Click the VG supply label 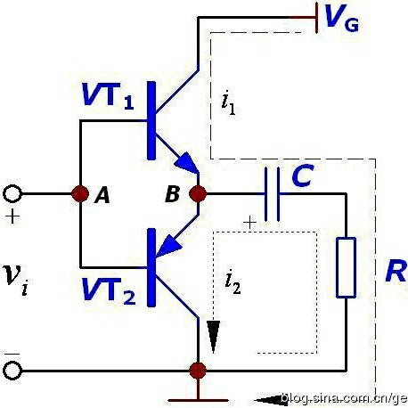coord(342,18)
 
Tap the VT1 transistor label coord(108,95)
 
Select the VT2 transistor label coord(109,290)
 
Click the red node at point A coord(80,194)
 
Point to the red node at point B coord(198,193)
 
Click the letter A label coord(102,196)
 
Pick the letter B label coord(172,194)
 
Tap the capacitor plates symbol coord(273,194)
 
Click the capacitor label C coord(303,175)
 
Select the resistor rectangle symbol coord(346,267)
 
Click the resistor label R coord(396,271)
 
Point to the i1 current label coord(228,104)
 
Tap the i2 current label coord(233,282)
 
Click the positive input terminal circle coord(12,194)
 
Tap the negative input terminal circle coord(12,371)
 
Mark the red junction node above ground coord(198,371)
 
